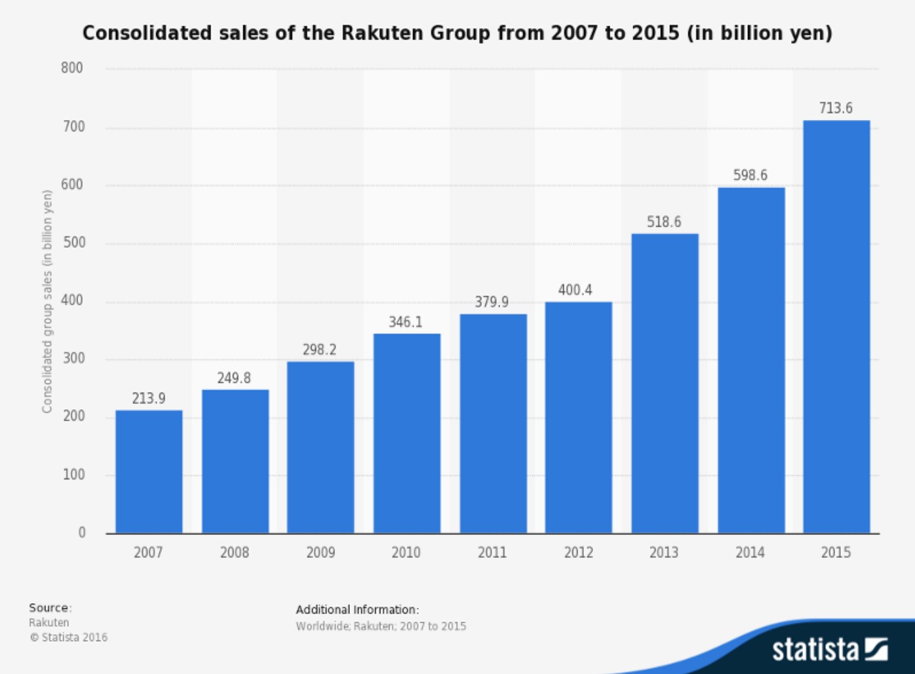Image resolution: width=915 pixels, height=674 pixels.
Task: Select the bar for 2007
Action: pyautogui.click(x=149, y=471)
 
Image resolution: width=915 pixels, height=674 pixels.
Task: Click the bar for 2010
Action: pyautogui.click(x=406, y=433)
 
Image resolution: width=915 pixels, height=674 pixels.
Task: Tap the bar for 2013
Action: pyautogui.click(x=665, y=383)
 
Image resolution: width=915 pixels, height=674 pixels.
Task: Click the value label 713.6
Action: pyautogui.click(x=836, y=108)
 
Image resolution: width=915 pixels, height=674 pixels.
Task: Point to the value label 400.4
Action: pyautogui.click(x=575, y=290)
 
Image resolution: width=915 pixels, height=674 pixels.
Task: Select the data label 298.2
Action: pyautogui.click(x=319, y=349)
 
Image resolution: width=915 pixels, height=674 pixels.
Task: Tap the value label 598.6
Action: pyautogui.click(x=750, y=175)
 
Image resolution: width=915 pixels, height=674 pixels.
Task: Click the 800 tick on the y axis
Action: pyautogui.click(x=72, y=68)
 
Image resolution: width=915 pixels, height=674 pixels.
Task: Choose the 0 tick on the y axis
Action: pyautogui.click(x=82, y=532)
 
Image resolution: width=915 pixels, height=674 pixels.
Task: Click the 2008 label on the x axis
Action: pyautogui.click(x=234, y=553)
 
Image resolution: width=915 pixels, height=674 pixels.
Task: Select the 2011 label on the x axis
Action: pyautogui.click(x=492, y=553)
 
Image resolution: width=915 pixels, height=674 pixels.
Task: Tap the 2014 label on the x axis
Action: pyautogui.click(x=750, y=553)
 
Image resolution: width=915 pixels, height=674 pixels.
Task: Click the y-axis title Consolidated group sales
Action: pyautogui.click(x=47, y=302)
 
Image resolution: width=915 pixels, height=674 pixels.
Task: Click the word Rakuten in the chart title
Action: pyautogui.click(x=383, y=33)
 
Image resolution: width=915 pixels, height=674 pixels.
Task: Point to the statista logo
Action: pyautogui.click(x=829, y=649)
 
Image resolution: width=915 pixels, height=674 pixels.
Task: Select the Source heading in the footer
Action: pyautogui.click(x=49, y=608)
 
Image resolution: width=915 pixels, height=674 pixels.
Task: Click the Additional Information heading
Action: pyautogui.click(x=357, y=610)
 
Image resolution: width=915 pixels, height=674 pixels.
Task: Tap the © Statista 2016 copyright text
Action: pyautogui.click(x=68, y=637)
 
